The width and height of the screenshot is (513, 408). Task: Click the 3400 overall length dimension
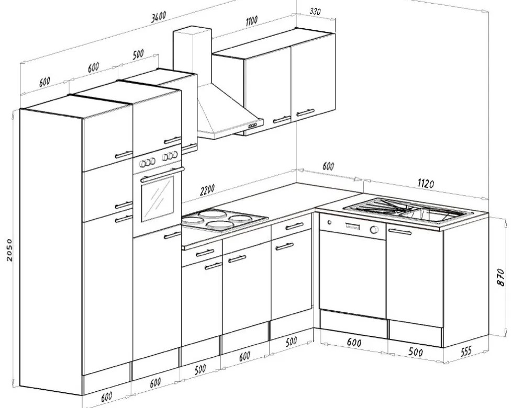pos(159,17)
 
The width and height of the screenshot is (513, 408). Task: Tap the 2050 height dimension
pos(9,250)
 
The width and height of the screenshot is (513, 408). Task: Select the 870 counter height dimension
pos(501,277)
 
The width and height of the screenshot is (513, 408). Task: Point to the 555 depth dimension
pos(466,352)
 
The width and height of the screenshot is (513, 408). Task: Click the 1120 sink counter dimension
pos(426,184)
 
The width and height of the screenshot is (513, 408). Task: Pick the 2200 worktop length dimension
pos(207,189)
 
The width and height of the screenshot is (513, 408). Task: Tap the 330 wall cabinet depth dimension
pos(315,12)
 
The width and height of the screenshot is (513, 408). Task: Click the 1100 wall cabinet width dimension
pos(251,20)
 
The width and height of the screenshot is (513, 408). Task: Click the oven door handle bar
pos(162,174)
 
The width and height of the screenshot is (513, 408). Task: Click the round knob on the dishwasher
pos(374,230)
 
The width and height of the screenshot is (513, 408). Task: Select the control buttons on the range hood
pos(252,126)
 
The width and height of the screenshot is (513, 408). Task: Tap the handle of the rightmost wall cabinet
pos(305,113)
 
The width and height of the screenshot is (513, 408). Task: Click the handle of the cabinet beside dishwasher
pos(400,232)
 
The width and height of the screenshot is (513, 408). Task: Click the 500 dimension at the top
pos(138,54)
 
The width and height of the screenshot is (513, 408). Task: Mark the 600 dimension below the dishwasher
pos(354,342)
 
